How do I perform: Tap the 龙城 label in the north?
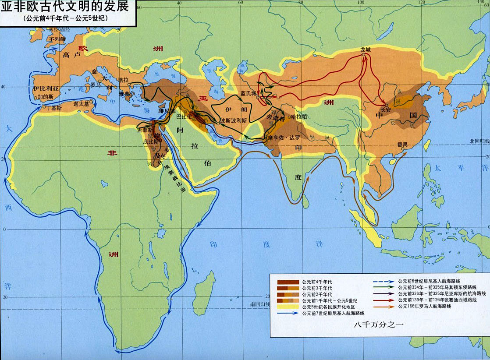click(x=366, y=50)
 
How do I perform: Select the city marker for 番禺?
click(x=402, y=148)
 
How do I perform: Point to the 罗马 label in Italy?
click(x=95, y=85)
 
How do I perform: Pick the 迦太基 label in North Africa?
click(x=81, y=104)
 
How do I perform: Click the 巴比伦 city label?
click(x=184, y=117)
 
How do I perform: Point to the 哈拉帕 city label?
click(x=298, y=116)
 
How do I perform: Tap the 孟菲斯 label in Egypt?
click(x=146, y=130)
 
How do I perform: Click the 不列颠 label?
click(x=57, y=39)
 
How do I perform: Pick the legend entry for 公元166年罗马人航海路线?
click(x=424, y=307)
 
